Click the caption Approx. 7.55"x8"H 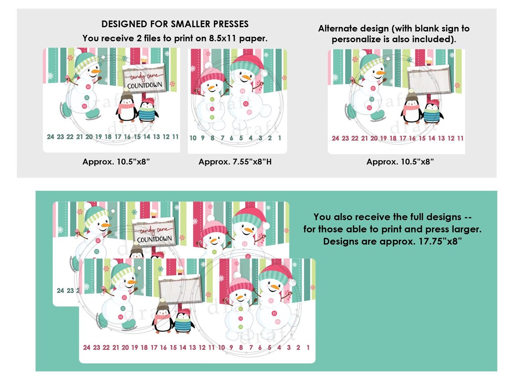click(x=235, y=162)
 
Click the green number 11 click(x=175, y=137)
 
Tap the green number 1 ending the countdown click(x=280, y=138)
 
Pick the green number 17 click(x=118, y=137)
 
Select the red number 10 click(x=221, y=348)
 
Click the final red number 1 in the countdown click(x=308, y=348)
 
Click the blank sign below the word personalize click(x=429, y=80)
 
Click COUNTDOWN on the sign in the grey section click(x=145, y=85)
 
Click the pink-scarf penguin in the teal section click(x=163, y=318)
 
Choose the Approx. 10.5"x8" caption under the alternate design click(x=400, y=162)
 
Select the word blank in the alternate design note click(x=427, y=29)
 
